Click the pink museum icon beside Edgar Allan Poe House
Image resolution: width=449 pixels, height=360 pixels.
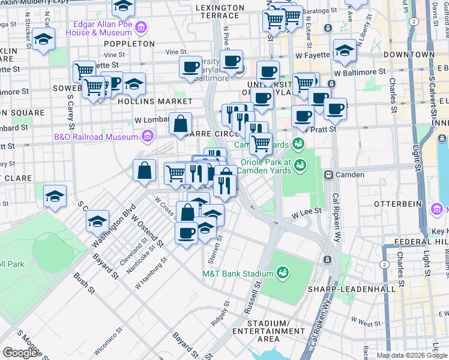click(141, 28)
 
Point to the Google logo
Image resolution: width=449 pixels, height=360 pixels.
click(21, 353)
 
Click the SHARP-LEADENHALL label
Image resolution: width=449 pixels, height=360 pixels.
click(360, 289)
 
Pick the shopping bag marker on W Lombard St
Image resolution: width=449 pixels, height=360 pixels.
click(181, 124)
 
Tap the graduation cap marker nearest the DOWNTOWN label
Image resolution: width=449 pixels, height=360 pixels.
click(345, 50)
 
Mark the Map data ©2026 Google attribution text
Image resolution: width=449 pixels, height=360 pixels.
click(412, 355)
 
